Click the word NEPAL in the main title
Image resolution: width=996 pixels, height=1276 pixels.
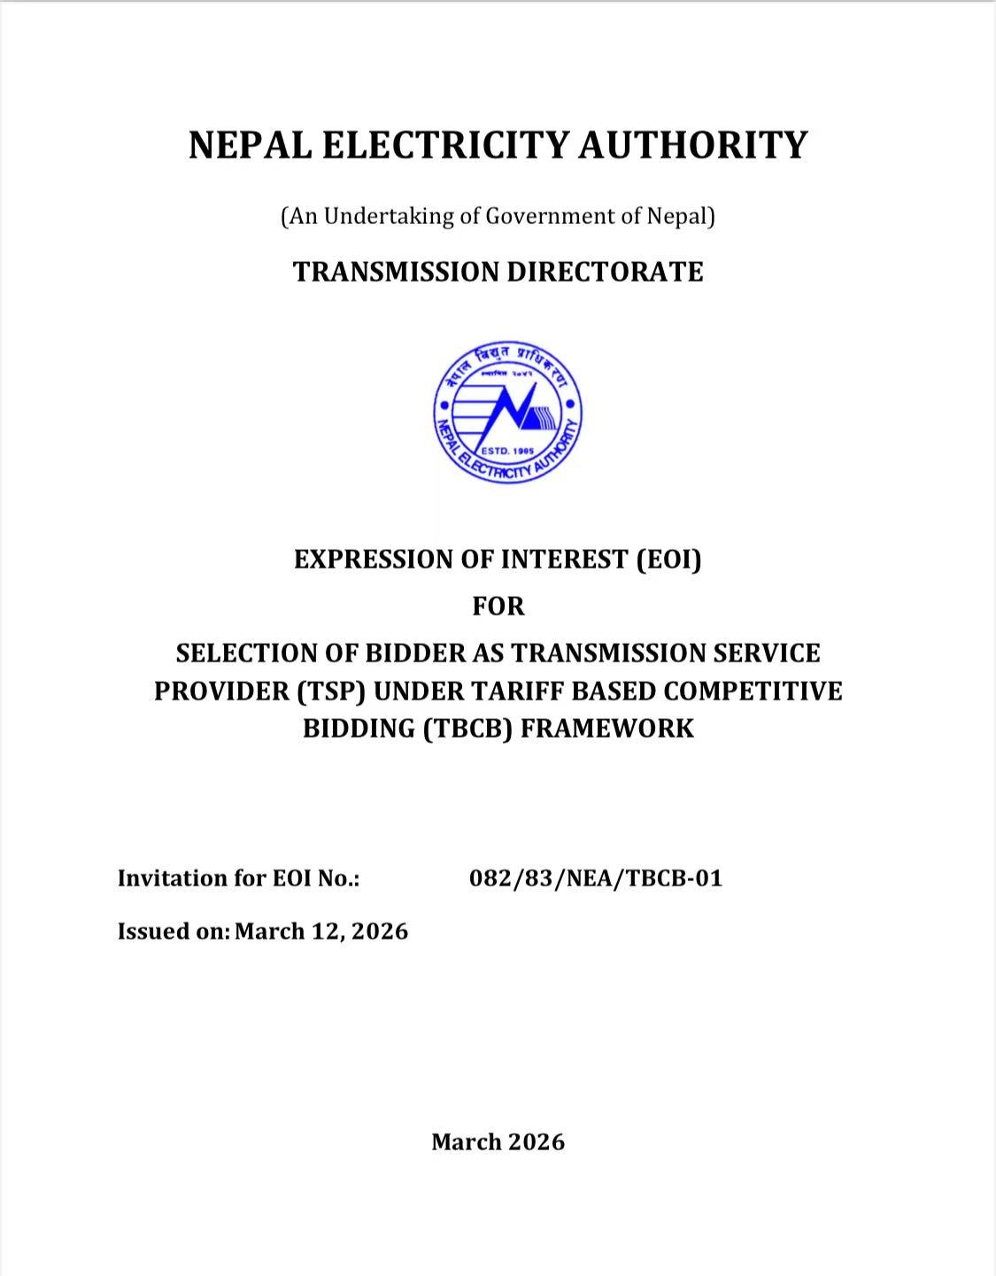coord(249,145)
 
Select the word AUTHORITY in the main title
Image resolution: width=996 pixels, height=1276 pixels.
coord(693,145)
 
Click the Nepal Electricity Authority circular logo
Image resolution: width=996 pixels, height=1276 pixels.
coord(508,413)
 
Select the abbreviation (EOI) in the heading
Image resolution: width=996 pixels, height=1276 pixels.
coord(668,560)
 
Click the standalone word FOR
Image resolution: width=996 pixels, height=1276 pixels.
coord(498,607)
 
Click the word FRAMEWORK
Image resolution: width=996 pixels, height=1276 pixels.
coord(607,728)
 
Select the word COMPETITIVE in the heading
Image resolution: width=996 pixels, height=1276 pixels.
coord(753,691)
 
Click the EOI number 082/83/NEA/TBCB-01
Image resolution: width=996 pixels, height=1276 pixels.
coord(596,878)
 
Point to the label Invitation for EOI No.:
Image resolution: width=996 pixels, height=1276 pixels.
coord(238,878)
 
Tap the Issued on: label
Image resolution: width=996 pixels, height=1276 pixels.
coord(174,932)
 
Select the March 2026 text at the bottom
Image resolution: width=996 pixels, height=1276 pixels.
coord(498,1142)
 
